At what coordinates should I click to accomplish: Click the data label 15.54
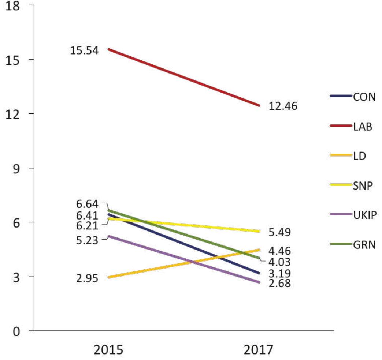tap(84, 50)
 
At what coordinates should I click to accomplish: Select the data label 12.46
tap(283, 106)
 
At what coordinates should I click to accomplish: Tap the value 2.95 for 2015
tap(87, 279)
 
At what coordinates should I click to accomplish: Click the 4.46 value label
tap(280, 251)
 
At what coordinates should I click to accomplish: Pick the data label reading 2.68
tap(280, 284)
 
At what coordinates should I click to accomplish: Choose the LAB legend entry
tap(363, 127)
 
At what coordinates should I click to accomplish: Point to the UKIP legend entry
tap(365, 214)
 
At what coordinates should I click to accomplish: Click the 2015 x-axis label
tap(109, 349)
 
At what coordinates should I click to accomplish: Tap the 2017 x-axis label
tap(258, 349)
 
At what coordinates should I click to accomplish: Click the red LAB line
tap(183, 77)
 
